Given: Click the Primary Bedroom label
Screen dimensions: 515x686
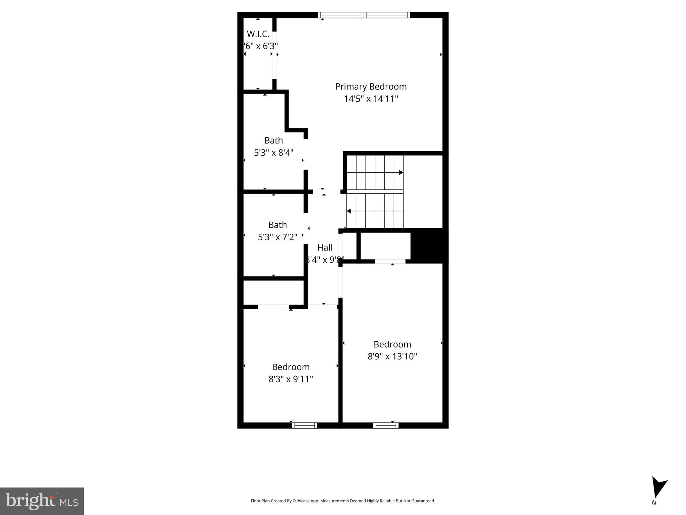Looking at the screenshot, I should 371,87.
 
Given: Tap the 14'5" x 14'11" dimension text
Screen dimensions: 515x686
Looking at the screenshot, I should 371,99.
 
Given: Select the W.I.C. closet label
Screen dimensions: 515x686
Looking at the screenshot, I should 258,34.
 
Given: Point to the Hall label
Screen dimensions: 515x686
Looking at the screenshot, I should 325,247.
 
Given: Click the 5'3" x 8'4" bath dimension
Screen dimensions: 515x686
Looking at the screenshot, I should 273,153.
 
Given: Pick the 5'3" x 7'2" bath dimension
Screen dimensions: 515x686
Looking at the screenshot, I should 277,237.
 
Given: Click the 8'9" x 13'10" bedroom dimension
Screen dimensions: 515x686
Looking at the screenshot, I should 392,356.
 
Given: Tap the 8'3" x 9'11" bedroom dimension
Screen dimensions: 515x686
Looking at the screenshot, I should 291,379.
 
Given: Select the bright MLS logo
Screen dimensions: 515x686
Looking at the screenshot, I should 42,501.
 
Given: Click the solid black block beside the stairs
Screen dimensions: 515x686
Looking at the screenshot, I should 429,246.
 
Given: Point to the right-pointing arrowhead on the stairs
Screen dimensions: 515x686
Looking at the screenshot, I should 401,173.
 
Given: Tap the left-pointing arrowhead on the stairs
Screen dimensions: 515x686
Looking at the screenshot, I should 349,211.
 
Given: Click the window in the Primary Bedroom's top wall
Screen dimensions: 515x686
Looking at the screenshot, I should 364,15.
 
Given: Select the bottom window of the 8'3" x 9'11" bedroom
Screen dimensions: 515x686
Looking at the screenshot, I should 304,425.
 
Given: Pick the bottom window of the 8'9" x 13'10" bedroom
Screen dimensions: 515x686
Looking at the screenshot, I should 386,425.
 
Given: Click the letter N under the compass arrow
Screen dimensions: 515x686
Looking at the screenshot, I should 653,503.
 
